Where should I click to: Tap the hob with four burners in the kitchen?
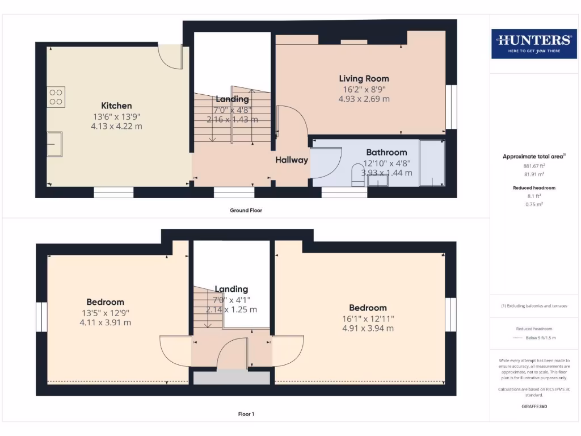(x=56, y=96)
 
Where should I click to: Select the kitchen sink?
(x=55, y=144)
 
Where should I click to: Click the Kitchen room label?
(x=116, y=106)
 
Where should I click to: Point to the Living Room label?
(x=364, y=78)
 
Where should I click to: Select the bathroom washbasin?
(x=377, y=180)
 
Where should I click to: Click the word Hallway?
(x=292, y=160)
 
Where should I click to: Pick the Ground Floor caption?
(x=246, y=210)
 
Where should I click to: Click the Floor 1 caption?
(x=246, y=414)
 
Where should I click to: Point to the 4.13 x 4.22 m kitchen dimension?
(x=116, y=126)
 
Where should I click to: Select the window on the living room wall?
(x=451, y=107)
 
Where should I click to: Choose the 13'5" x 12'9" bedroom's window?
(x=41, y=317)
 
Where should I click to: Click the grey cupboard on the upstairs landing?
(x=231, y=378)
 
